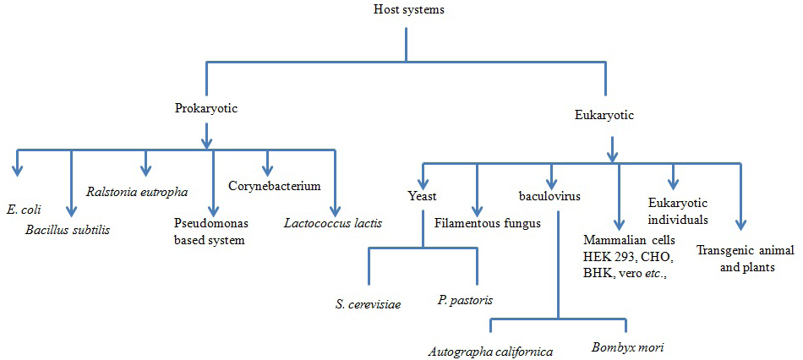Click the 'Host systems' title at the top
point(406,8)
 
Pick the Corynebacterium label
point(275,185)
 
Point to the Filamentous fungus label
point(487,223)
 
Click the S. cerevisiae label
point(366,304)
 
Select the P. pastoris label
point(466,300)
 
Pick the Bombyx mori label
point(627,347)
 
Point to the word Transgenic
point(725,252)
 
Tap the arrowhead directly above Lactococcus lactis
point(335,211)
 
